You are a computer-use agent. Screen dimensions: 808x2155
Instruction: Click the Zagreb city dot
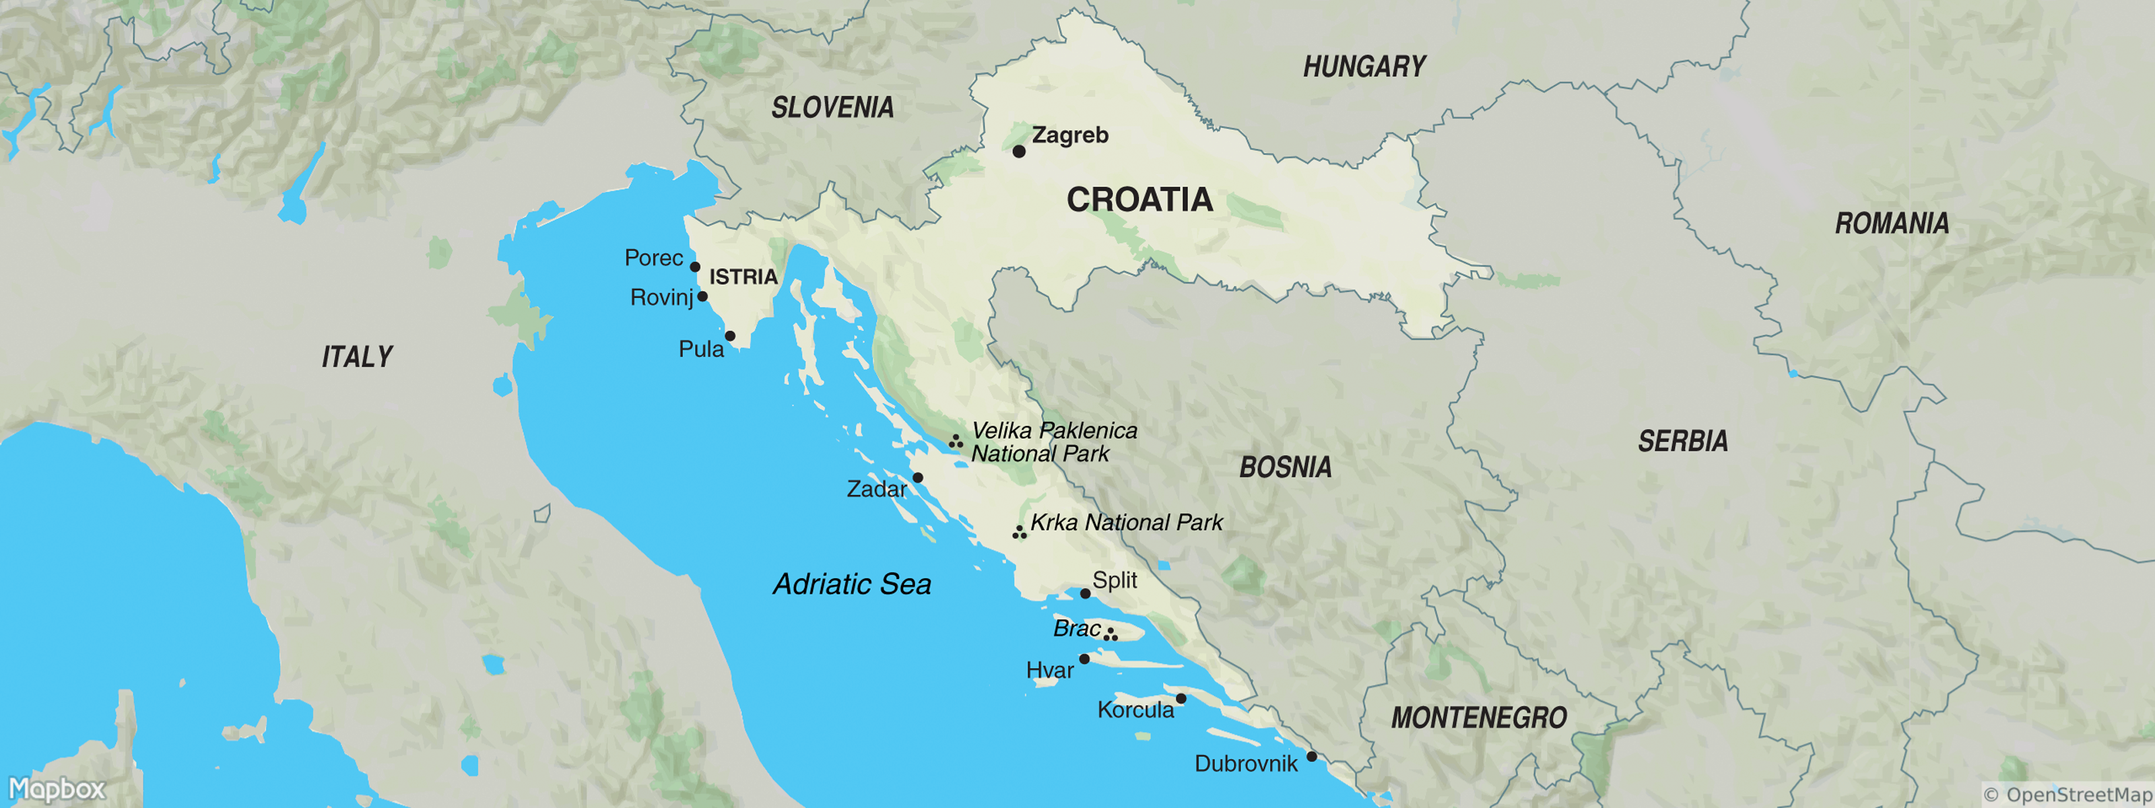click(1019, 151)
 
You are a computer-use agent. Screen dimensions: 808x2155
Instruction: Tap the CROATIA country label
click(1139, 200)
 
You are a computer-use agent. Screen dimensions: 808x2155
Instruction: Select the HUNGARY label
click(1364, 67)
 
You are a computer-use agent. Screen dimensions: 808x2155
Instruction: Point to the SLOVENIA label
click(832, 108)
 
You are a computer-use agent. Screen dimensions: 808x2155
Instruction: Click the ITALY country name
click(357, 357)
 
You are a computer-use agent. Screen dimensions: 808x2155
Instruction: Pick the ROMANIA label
click(1892, 224)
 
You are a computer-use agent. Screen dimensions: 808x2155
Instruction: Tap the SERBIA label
click(1682, 442)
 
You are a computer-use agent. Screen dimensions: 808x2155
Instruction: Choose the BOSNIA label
click(1285, 467)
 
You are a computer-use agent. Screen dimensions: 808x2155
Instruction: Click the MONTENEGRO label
click(1478, 718)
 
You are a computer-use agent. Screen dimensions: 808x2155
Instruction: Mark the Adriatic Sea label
click(852, 584)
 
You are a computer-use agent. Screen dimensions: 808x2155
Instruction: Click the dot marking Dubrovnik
click(1312, 756)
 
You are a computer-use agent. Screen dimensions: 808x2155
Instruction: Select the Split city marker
click(1085, 593)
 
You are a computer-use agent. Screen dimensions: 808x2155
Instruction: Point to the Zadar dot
click(918, 477)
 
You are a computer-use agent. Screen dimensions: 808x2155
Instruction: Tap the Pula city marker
click(730, 336)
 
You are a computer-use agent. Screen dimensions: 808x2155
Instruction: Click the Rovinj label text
click(661, 298)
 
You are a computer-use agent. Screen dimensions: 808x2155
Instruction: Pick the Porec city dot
click(694, 267)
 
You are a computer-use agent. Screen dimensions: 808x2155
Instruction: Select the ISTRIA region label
click(743, 277)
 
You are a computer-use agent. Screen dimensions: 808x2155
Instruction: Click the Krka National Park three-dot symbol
click(1019, 533)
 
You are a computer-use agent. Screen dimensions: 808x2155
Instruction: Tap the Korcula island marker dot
click(1181, 698)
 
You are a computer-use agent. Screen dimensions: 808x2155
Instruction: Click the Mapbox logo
click(57, 788)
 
